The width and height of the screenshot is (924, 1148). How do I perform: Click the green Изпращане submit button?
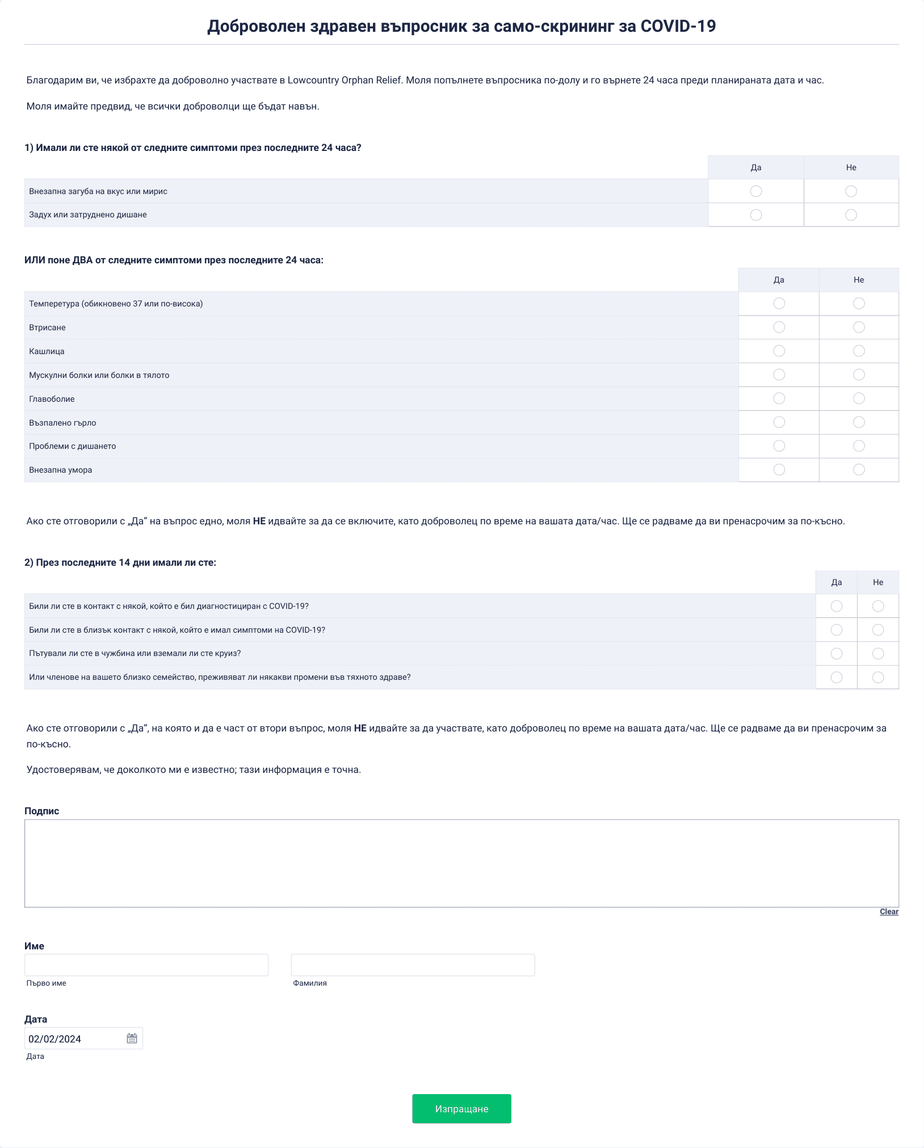click(x=461, y=1108)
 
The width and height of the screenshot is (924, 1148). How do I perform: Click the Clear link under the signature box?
click(x=889, y=911)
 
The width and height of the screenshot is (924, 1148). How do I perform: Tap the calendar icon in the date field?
click(x=132, y=1038)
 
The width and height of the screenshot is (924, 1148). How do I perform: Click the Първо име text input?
click(x=146, y=965)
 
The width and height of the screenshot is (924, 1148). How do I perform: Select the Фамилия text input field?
click(x=413, y=965)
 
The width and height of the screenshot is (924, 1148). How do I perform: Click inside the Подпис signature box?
click(x=461, y=863)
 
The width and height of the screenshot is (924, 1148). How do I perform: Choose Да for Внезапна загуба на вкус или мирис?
click(x=756, y=191)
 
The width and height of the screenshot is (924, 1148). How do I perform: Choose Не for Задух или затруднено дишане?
click(x=851, y=215)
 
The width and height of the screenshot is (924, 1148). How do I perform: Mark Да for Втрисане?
click(x=779, y=327)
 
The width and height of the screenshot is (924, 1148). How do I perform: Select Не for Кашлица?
click(x=859, y=351)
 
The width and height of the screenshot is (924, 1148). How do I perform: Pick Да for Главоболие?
click(x=779, y=398)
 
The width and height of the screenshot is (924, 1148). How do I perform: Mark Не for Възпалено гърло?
click(x=859, y=422)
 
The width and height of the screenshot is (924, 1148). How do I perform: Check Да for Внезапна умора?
click(x=779, y=470)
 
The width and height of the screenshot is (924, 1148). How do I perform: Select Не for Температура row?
click(x=859, y=304)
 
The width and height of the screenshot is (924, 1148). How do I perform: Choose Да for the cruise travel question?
click(x=836, y=654)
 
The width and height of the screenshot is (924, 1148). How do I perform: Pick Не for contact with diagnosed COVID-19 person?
click(x=878, y=606)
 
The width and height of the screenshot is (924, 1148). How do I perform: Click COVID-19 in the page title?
click(x=678, y=26)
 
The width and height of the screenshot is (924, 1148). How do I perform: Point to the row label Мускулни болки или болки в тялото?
click(x=99, y=375)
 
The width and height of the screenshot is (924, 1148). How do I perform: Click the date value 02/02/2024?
click(x=55, y=1039)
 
